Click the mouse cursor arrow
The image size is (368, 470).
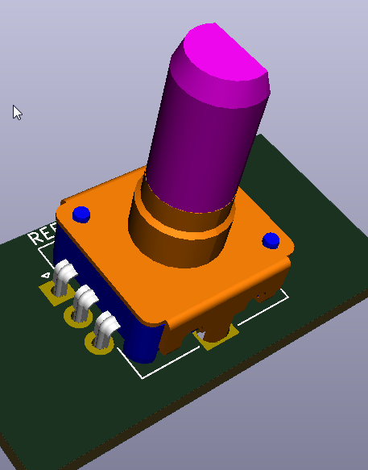click(x=17, y=111)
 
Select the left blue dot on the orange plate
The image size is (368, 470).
click(x=81, y=214)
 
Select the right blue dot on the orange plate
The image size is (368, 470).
click(x=271, y=240)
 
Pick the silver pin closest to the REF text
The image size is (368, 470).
click(x=63, y=279)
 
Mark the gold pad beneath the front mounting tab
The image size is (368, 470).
click(x=217, y=339)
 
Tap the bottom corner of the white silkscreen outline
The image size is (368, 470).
click(x=143, y=376)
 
